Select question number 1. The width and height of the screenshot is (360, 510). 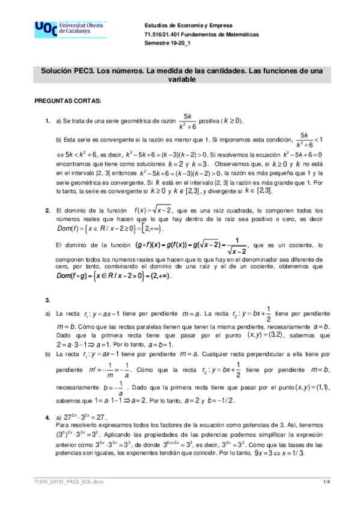click(x=48, y=121)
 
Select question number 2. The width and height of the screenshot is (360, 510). click(x=48, y=210)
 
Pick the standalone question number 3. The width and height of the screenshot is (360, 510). click(x=48, y=300)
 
